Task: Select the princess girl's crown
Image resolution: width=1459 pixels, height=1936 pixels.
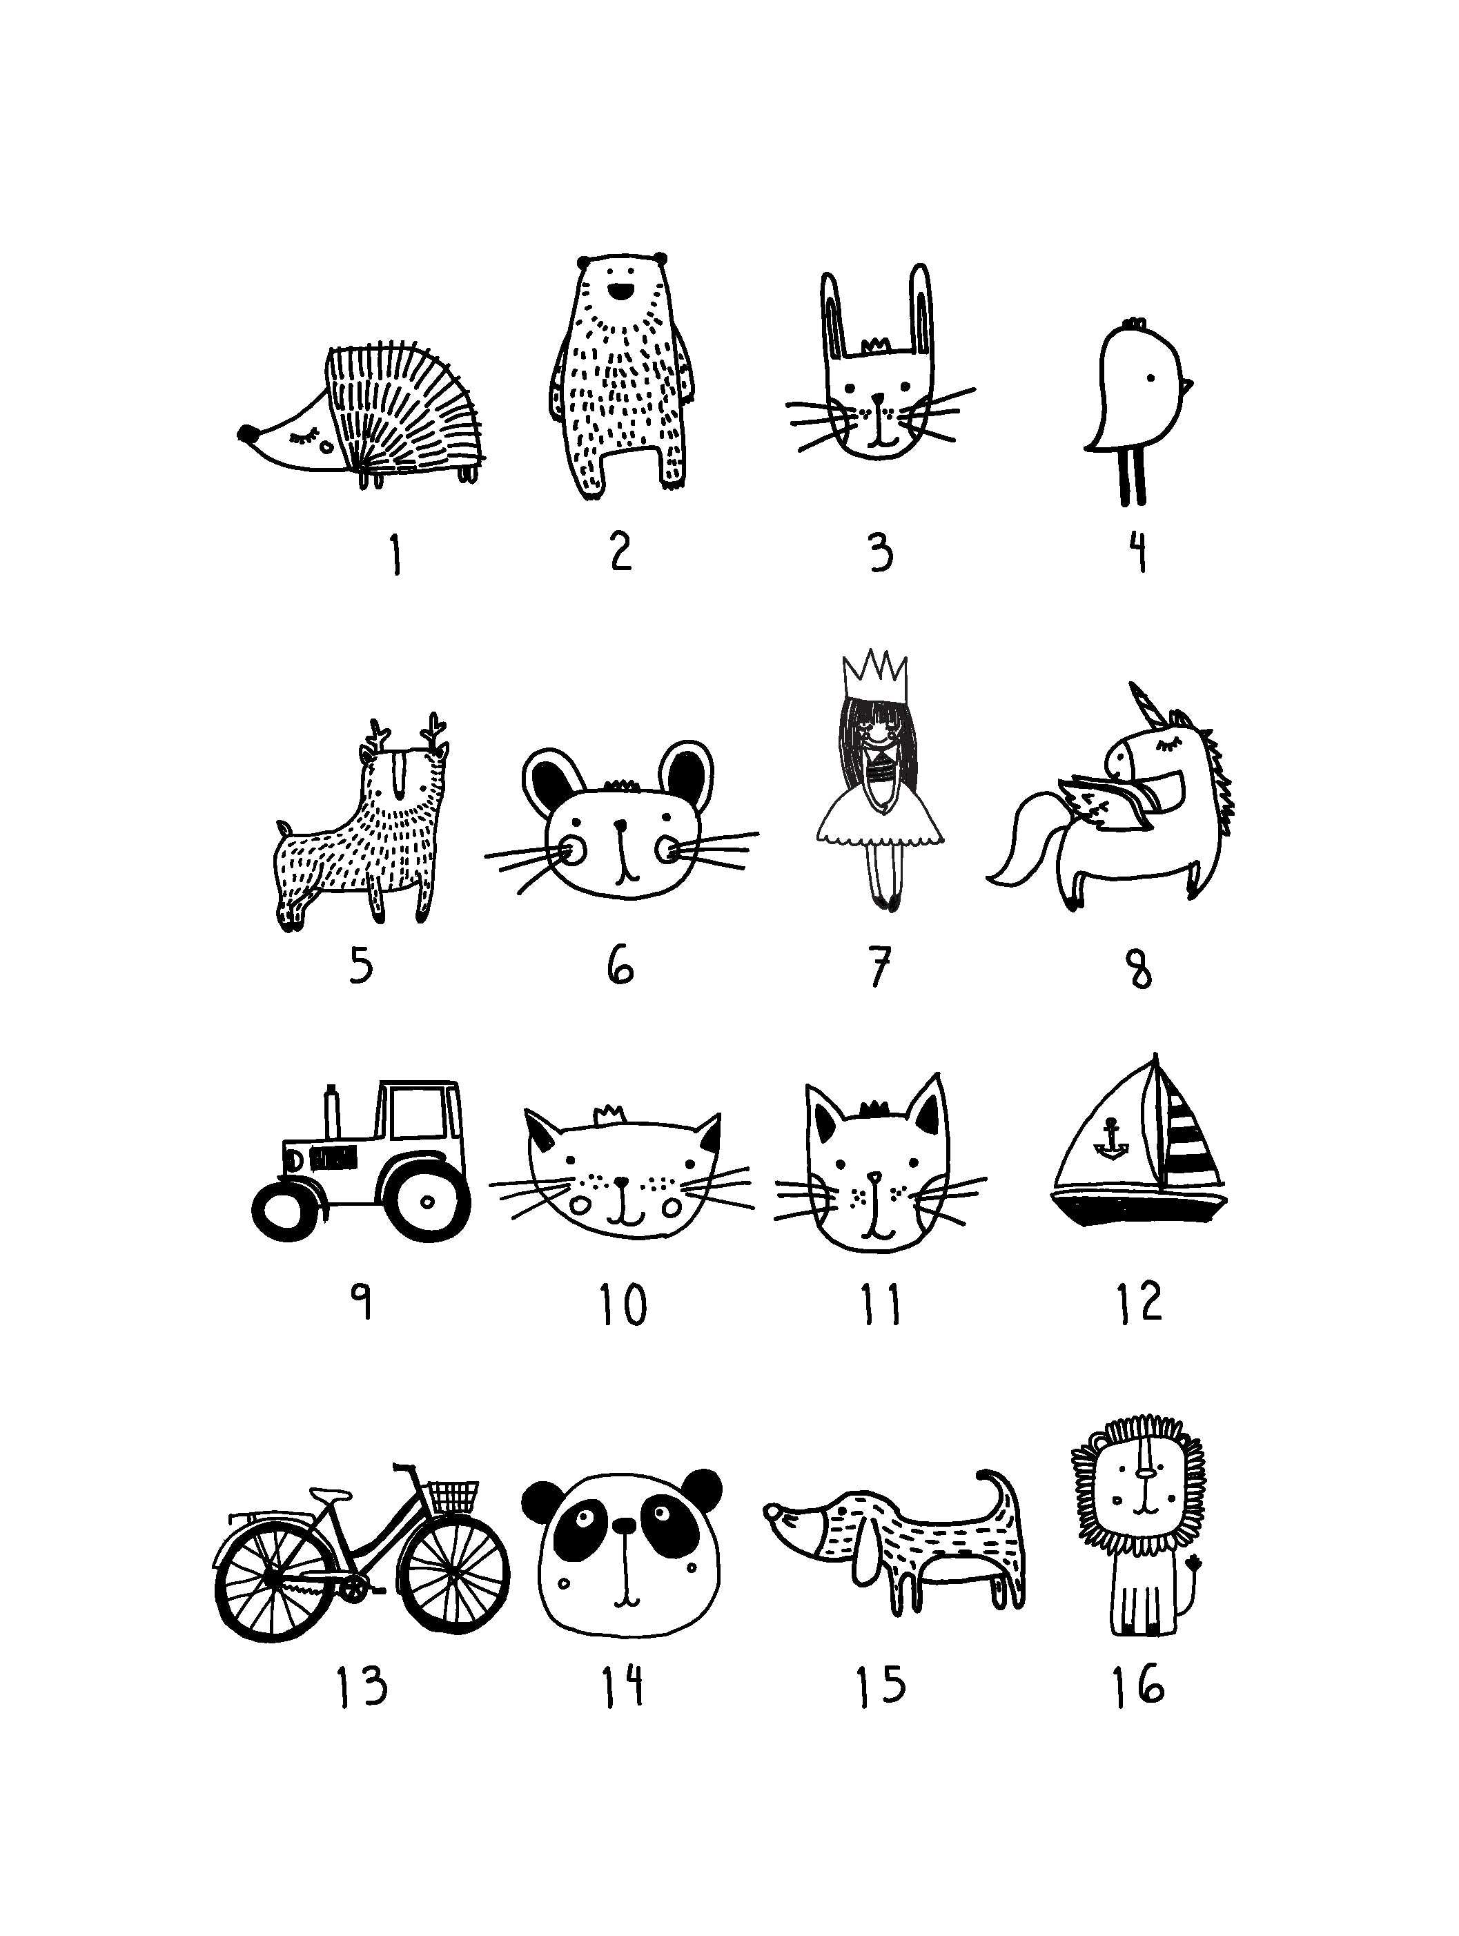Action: pyautogui.click(x=875, y=674)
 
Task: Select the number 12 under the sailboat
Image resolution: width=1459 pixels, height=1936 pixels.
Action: pyautogui.click(x=1139, y=1302)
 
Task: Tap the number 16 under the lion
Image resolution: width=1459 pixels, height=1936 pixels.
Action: pyautogui.click(x=1139, y=1685)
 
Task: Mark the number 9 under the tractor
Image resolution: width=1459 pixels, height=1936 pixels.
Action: pyautogui.click(x=362, y=1302)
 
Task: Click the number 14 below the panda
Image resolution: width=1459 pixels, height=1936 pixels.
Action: pyautogui.click(x=623, y=1685)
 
